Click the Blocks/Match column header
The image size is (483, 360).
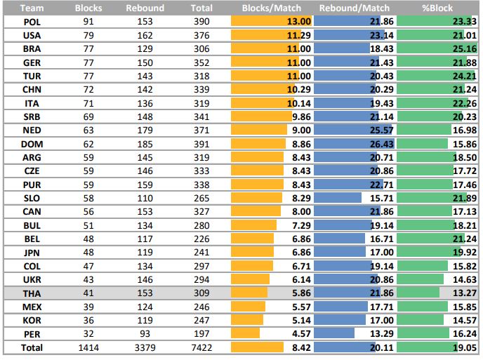pos(271,8)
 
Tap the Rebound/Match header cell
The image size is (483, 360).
pos(354,8)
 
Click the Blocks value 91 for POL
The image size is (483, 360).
pos(88,22)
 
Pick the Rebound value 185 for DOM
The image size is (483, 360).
pos(145,144)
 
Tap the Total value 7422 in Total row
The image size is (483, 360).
pos(201,347)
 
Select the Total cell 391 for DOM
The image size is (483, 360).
pos(201,144)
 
